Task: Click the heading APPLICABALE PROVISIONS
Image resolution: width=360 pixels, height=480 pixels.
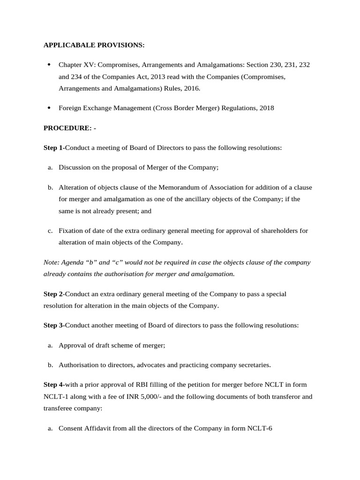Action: (x=94, y=45)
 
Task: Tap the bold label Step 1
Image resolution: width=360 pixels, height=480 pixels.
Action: (x=53, y=148)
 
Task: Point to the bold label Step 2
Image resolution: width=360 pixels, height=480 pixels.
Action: (x=53, y=294)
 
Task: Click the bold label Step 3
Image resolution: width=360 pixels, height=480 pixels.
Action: (x=53, y=325)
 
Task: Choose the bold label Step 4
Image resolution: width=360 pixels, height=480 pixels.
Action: (x=53, y=384)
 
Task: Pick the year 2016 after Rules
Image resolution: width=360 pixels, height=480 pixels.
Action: (x=191, y=88)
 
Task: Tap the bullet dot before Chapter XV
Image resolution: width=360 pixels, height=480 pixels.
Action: (x=49, y=65)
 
